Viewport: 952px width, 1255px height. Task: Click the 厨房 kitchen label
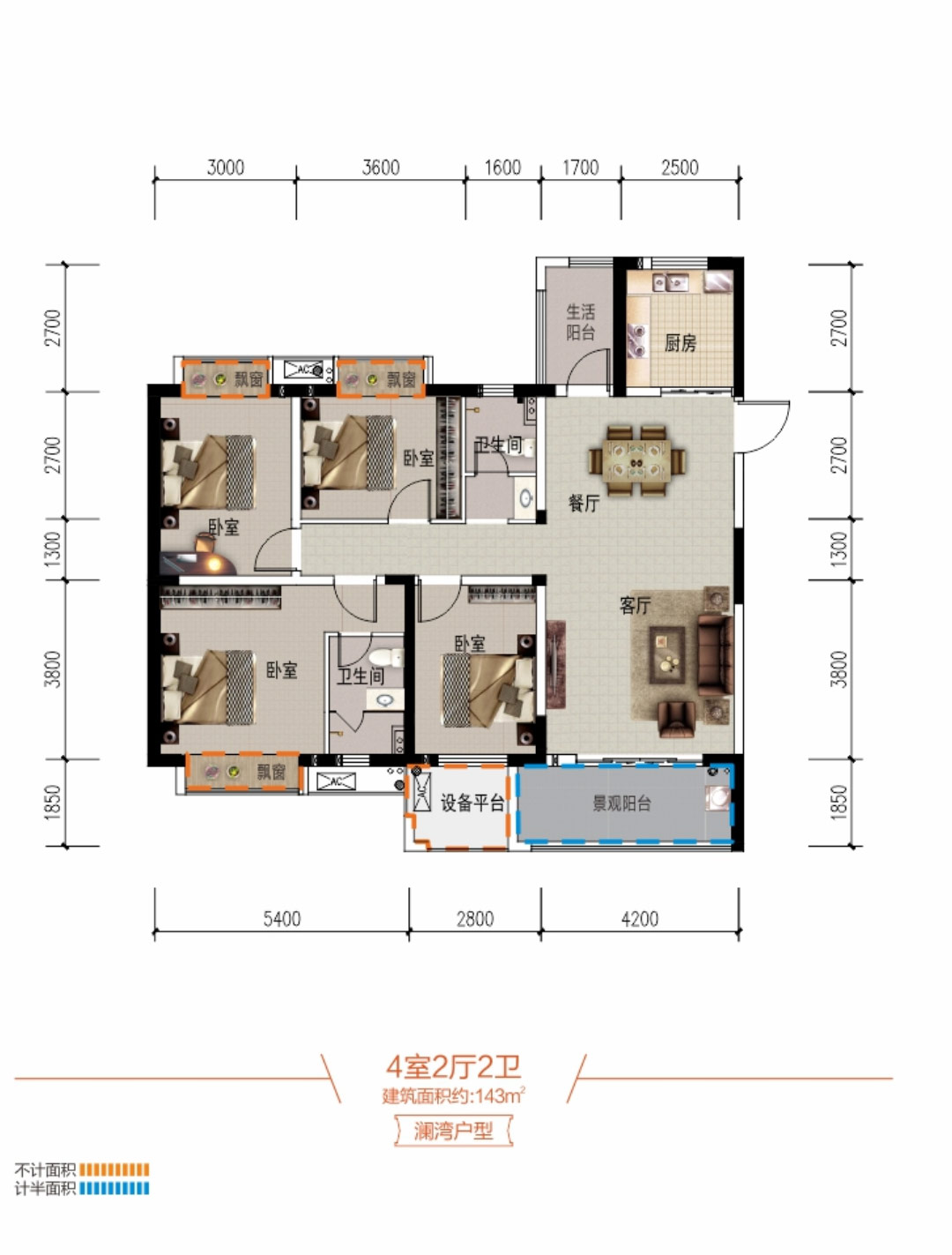coord(681,342)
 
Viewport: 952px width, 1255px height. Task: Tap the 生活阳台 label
coord(580,322)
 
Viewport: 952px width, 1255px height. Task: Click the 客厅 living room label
coord(635,605)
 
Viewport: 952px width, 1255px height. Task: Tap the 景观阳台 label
coord(621,803)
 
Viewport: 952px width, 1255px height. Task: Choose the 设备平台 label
coord(472,803)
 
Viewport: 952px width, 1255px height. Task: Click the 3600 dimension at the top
coord(381,168)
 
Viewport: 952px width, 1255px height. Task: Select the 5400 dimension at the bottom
coord(281,919)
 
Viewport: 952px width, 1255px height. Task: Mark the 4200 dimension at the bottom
coord(639,919)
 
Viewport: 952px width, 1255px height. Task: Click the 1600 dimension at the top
coord(502,168)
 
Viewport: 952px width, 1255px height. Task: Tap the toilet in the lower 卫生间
coord(384,657)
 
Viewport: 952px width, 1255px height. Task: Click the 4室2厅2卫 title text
coord(453,1066)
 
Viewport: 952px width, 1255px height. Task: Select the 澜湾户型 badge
coord(453,1131)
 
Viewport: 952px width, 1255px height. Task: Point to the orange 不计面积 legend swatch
coord(114,1170)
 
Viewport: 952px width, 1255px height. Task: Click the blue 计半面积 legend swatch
coord(114,1188)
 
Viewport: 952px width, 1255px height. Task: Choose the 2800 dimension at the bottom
coord(474,919)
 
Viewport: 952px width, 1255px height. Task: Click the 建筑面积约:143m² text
coord(453,1096)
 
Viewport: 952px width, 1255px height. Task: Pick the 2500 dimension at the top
coord(680,168)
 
